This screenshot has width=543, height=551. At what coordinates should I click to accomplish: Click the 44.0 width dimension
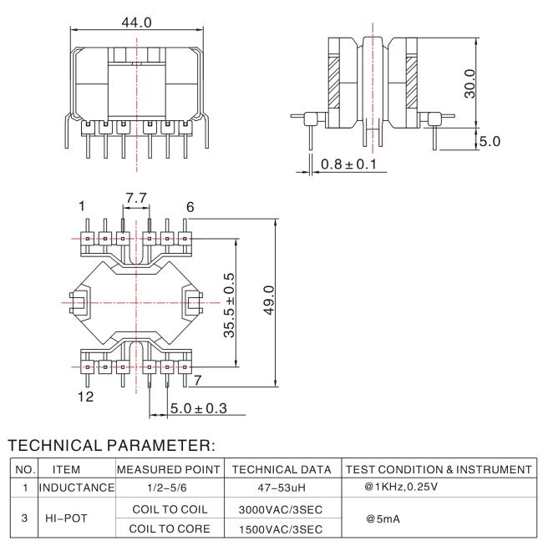(x=136, y=23)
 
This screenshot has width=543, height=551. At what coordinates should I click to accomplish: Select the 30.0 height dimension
(x=469, y=83)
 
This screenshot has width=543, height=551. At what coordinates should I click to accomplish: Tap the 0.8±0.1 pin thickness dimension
(x=348, y=164)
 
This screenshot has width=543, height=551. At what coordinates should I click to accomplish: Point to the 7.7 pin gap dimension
(x=136, y=198)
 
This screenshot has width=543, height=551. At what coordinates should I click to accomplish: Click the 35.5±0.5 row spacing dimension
(x=229, y=305)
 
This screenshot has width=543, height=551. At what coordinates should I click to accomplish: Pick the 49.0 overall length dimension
(x=269, y=300)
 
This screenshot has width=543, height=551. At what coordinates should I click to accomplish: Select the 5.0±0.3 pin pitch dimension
(x=199, y=408)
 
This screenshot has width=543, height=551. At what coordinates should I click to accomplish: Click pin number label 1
(x=82, y=206)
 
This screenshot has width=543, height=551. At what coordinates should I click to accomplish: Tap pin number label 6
(x=190, y=207)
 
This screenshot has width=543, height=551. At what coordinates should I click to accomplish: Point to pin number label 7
(x=198, y=380)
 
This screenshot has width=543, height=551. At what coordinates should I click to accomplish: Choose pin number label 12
(x=85, y=397)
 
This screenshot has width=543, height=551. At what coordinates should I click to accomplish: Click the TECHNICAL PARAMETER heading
(x=111, y=445)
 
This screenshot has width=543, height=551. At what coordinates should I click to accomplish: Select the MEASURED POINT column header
(x=169, y=469)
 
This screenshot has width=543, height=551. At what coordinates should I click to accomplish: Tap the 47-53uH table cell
(x=282, y=488)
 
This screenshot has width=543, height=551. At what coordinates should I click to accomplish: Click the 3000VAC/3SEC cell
(x=281, y=509)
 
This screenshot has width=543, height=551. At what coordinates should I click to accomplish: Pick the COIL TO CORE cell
(x=170, y=528)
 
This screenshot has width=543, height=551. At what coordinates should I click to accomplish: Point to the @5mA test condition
(x=383, y=519)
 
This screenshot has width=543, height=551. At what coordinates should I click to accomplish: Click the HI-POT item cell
(x=66, y=518)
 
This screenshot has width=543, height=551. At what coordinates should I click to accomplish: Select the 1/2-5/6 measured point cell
(x=167, y=488)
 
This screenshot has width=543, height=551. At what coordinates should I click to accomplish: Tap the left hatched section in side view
(x=334, y=82)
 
